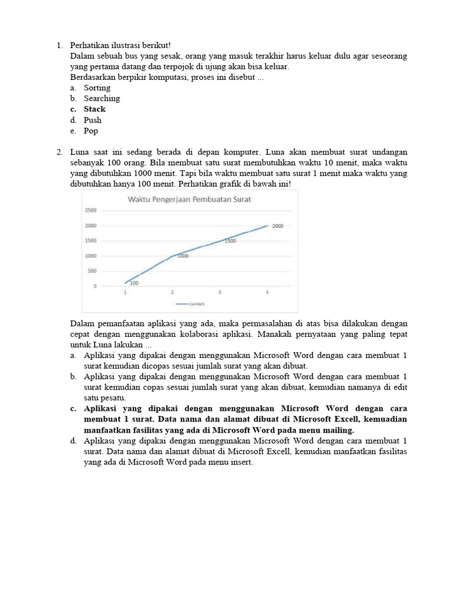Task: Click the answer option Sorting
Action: [97, 88]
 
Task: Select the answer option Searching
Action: [102, 99]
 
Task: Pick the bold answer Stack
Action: [95, 109]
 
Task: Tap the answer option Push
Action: [92, 120]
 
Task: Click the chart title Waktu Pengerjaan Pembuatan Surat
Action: [189, 200]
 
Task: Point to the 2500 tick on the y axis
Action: [90, 210]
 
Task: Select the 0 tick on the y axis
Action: [95, 286]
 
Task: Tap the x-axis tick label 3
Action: [220, 292]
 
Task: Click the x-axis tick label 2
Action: [172, 292]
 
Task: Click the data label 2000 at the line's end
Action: [278, 225]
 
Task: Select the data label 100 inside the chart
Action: [134, 283]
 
